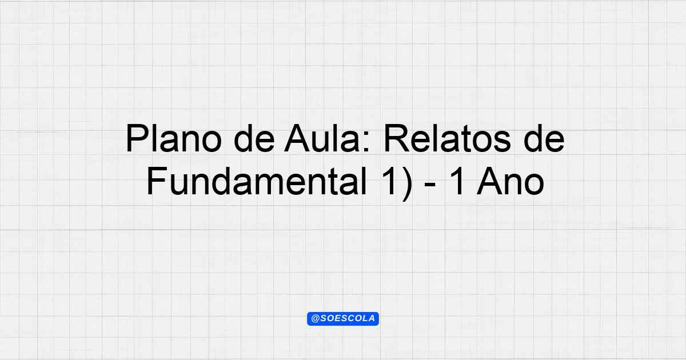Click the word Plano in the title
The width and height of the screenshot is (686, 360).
[x=173, y=138]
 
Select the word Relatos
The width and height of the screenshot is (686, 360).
[x=447, y=138]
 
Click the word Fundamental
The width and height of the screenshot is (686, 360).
[x=257, y=181]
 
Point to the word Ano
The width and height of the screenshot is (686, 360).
[x=510, y=181]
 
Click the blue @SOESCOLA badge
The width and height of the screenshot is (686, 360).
[x=343, y=319]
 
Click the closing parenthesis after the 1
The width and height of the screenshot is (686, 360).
[x=406, y=183]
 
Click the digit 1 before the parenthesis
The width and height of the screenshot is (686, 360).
[x=389, y=181]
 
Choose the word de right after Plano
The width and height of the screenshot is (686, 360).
[x=254, y=138]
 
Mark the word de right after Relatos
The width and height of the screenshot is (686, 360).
[x=544, y=138]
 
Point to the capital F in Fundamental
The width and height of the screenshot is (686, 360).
[x=157, y=181]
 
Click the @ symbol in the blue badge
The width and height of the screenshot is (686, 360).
[x=316, y=319]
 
